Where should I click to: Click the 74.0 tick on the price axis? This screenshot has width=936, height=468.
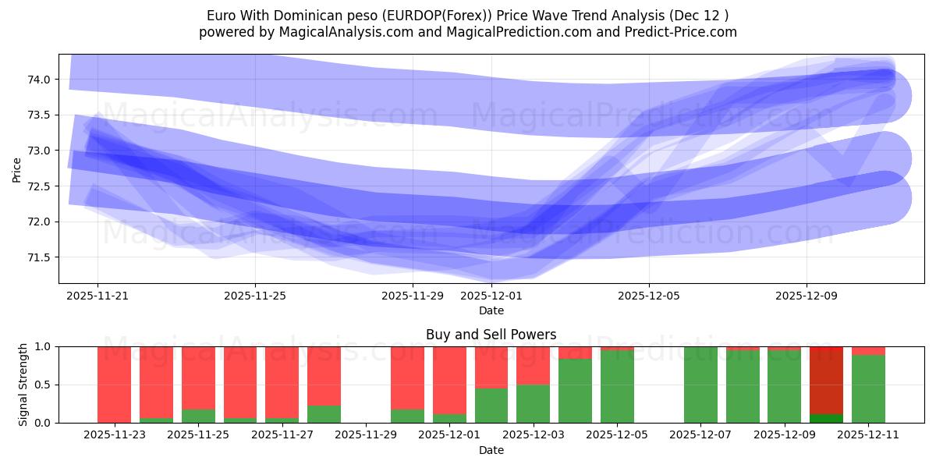pyautogui.click(x=39, y=80)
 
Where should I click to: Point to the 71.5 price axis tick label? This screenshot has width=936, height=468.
pyautogui.click(x=39, y=257)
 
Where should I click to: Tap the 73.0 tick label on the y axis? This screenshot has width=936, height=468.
pyautogui.click(x=39, y=151)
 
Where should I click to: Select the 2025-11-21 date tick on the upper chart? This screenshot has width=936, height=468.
pyautogui.click(x=97, y=296)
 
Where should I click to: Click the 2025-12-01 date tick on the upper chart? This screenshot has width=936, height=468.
pyautogui.click(x=491, y=296)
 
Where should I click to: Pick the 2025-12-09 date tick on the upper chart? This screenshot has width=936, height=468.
pyautogui.click(x=807, y=296)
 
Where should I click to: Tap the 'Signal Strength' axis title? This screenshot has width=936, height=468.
pyautogui.click(x=23, y=385)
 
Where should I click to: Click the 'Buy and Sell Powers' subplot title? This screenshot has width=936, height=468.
pyautogui.click(x=491, y=335)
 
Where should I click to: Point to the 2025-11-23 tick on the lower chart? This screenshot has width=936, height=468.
pyautogui.click(x=115, y=435)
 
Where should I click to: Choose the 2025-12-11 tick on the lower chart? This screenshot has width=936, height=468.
pyautogui.click(x=868, y=435)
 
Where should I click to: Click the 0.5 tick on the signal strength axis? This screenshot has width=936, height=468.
pyautogui.click(x=44, y=385)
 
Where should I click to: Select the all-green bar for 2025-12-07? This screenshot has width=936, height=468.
pyautogui.click(x=700, y=385)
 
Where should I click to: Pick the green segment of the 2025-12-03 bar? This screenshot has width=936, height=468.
pyautogui.click(x=533, y=404)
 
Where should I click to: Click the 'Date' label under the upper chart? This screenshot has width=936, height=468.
pyautogui.click(x=491, y=310)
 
